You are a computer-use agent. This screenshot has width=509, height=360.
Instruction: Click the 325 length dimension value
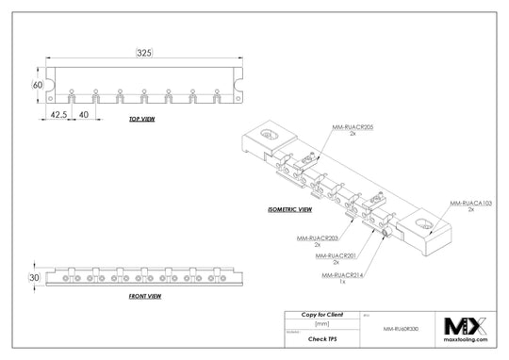(143, 54)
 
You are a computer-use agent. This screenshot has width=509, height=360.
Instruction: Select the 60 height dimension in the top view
(39, 85)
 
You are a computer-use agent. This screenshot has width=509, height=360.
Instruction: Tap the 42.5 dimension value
(58, 114)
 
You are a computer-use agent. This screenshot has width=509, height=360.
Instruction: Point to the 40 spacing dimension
(85, 114)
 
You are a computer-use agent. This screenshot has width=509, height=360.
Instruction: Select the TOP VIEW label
(143, 121)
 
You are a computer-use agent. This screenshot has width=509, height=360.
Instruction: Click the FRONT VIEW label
(144, 297)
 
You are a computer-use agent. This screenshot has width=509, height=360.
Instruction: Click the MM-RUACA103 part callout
(470, 203)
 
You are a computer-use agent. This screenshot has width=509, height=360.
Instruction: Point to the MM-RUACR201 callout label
(337, 255)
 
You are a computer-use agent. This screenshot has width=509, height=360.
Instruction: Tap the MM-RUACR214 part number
(341, 274)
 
